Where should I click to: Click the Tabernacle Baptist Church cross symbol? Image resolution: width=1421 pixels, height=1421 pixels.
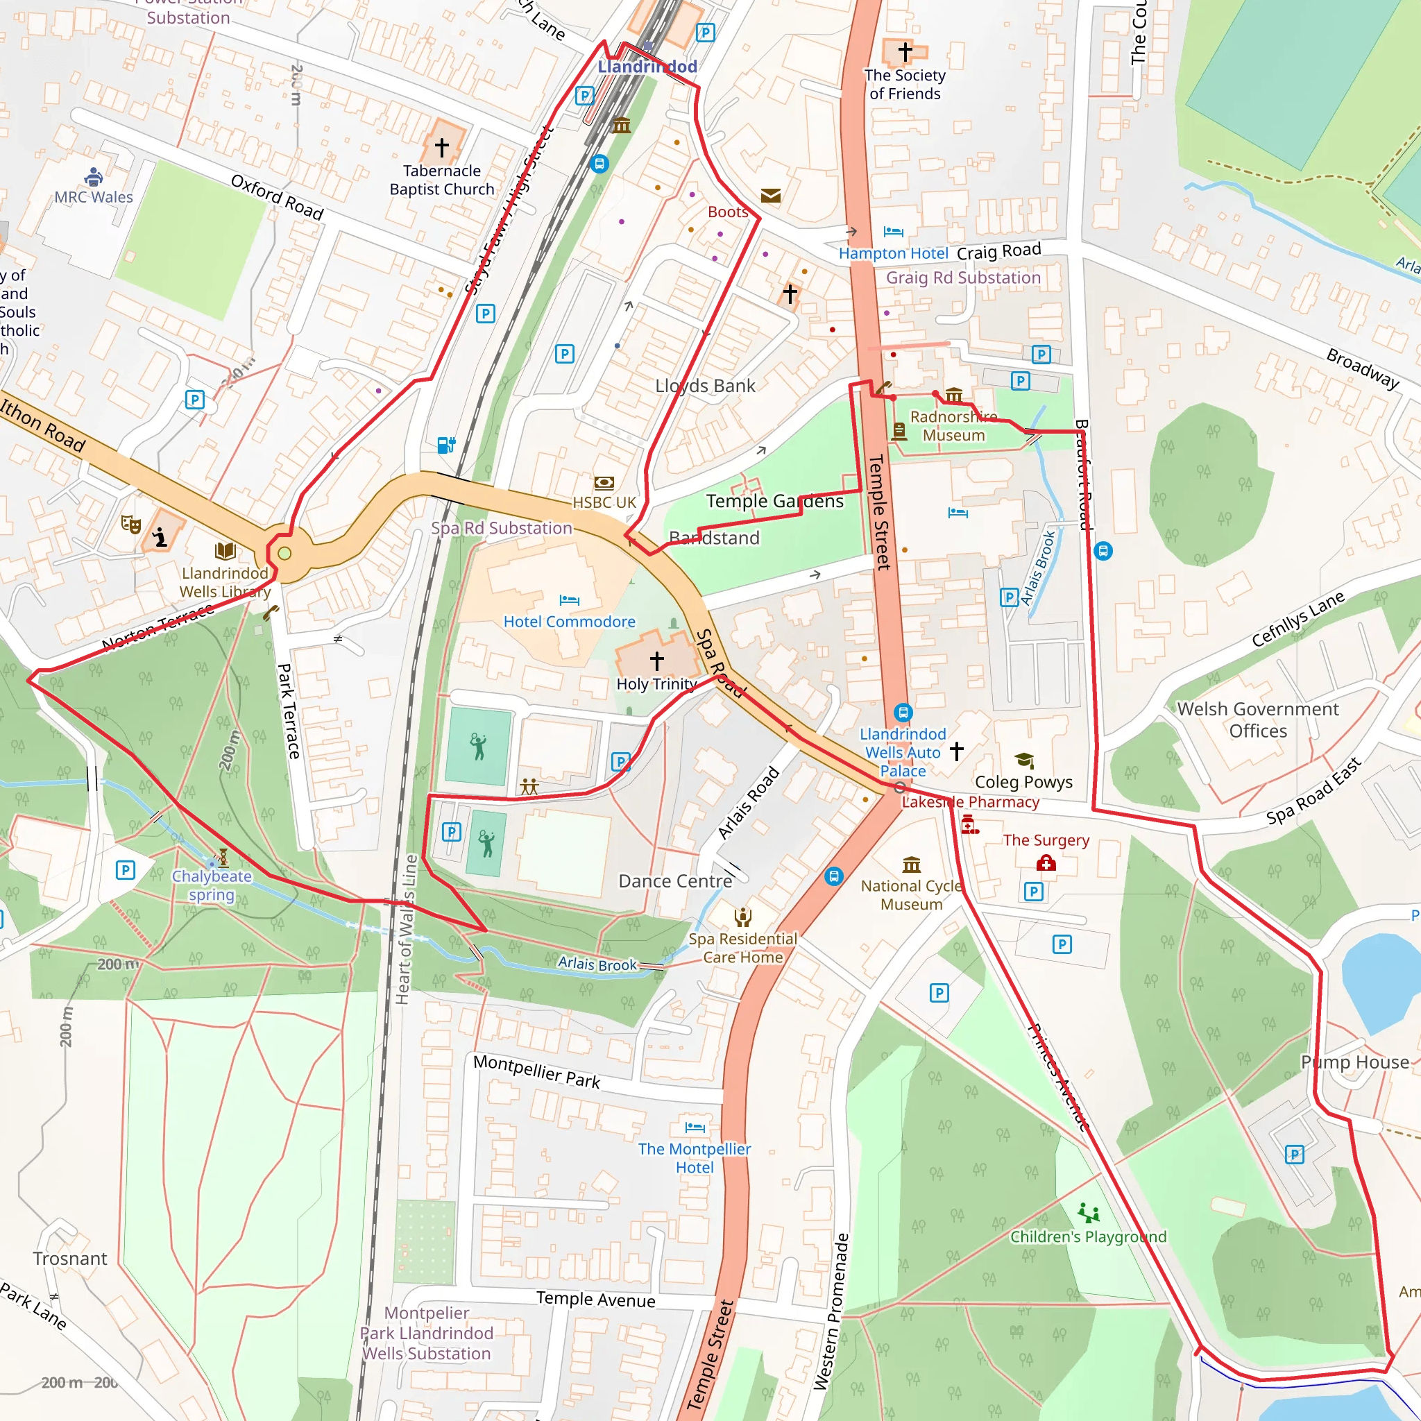tap(441, 147)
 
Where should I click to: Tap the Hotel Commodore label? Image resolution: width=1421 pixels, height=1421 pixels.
tap(569, 622)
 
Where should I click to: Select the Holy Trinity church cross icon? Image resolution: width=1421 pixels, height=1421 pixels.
tap(657, 660)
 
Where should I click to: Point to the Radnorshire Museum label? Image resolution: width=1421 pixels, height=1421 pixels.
tap(953, 426)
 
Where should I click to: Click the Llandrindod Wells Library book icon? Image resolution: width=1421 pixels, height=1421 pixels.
tap(225, 551)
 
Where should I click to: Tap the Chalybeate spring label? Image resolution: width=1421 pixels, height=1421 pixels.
tap(212, 885)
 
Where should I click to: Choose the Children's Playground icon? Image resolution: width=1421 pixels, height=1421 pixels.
tap(1089, 1212)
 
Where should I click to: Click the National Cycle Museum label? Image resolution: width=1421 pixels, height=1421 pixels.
tap(911, 895)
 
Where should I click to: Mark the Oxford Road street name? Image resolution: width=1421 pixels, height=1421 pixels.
tap(278, 197)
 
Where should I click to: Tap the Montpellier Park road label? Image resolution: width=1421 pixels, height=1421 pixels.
tap(536, 1071)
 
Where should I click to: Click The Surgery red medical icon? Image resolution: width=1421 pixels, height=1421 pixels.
tap(1046, 862)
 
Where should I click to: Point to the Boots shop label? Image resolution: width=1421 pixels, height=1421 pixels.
tap(727, 212)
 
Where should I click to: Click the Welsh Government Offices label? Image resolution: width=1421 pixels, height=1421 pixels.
tap(1258, 720)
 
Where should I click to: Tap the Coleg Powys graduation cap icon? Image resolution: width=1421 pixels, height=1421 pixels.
tap(1024, 760)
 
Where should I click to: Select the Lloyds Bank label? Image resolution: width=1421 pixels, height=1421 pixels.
tap(705, 385)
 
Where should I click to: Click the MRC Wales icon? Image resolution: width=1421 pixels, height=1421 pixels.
tap(94, 176)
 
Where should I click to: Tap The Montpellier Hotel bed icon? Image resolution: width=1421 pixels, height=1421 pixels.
tap(695, 1127)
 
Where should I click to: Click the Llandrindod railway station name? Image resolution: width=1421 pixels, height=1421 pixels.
tap(647, 66)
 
